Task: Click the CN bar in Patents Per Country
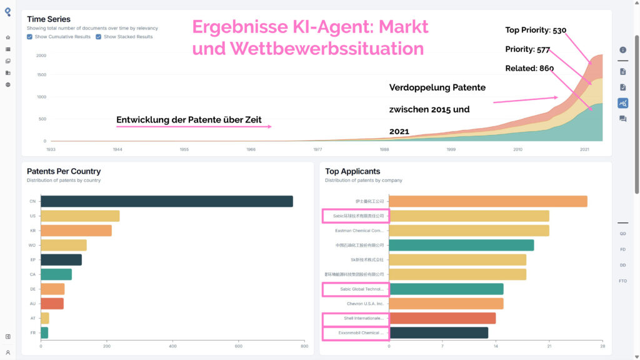[166, 201]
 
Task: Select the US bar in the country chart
[80, 216]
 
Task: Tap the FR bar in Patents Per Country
[44, 332]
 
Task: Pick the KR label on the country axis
[32, 231]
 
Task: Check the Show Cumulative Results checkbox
[30, 37]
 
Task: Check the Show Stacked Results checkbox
[99, 37]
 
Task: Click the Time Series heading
[49, 19]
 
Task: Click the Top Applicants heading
[352, 171]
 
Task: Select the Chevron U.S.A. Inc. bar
[446, 304]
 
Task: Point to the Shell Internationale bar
[442, 318]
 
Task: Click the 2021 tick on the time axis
[584, 150]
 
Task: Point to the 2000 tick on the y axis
[41, 56]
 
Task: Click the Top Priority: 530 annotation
[536, 30]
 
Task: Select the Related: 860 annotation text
[529, 68]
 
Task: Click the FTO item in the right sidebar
[622, 281]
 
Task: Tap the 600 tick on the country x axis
[238, 346]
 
